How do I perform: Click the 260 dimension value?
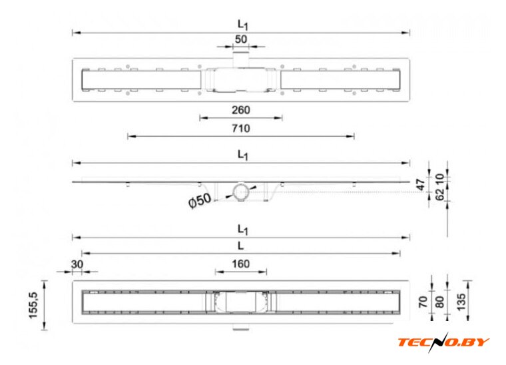tap(241, 110)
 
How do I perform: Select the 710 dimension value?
tap(241, 128)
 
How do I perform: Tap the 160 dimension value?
tap(241, 264)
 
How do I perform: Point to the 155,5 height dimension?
tap(33, 305)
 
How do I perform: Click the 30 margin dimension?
tap(77, 264)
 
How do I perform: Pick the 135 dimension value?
tap(461, 302)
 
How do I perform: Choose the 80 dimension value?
tap(440, 302)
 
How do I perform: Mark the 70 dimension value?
tap(423, 302)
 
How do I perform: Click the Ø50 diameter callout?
tap(200, 200)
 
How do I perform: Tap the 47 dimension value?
tap(421, 185)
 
